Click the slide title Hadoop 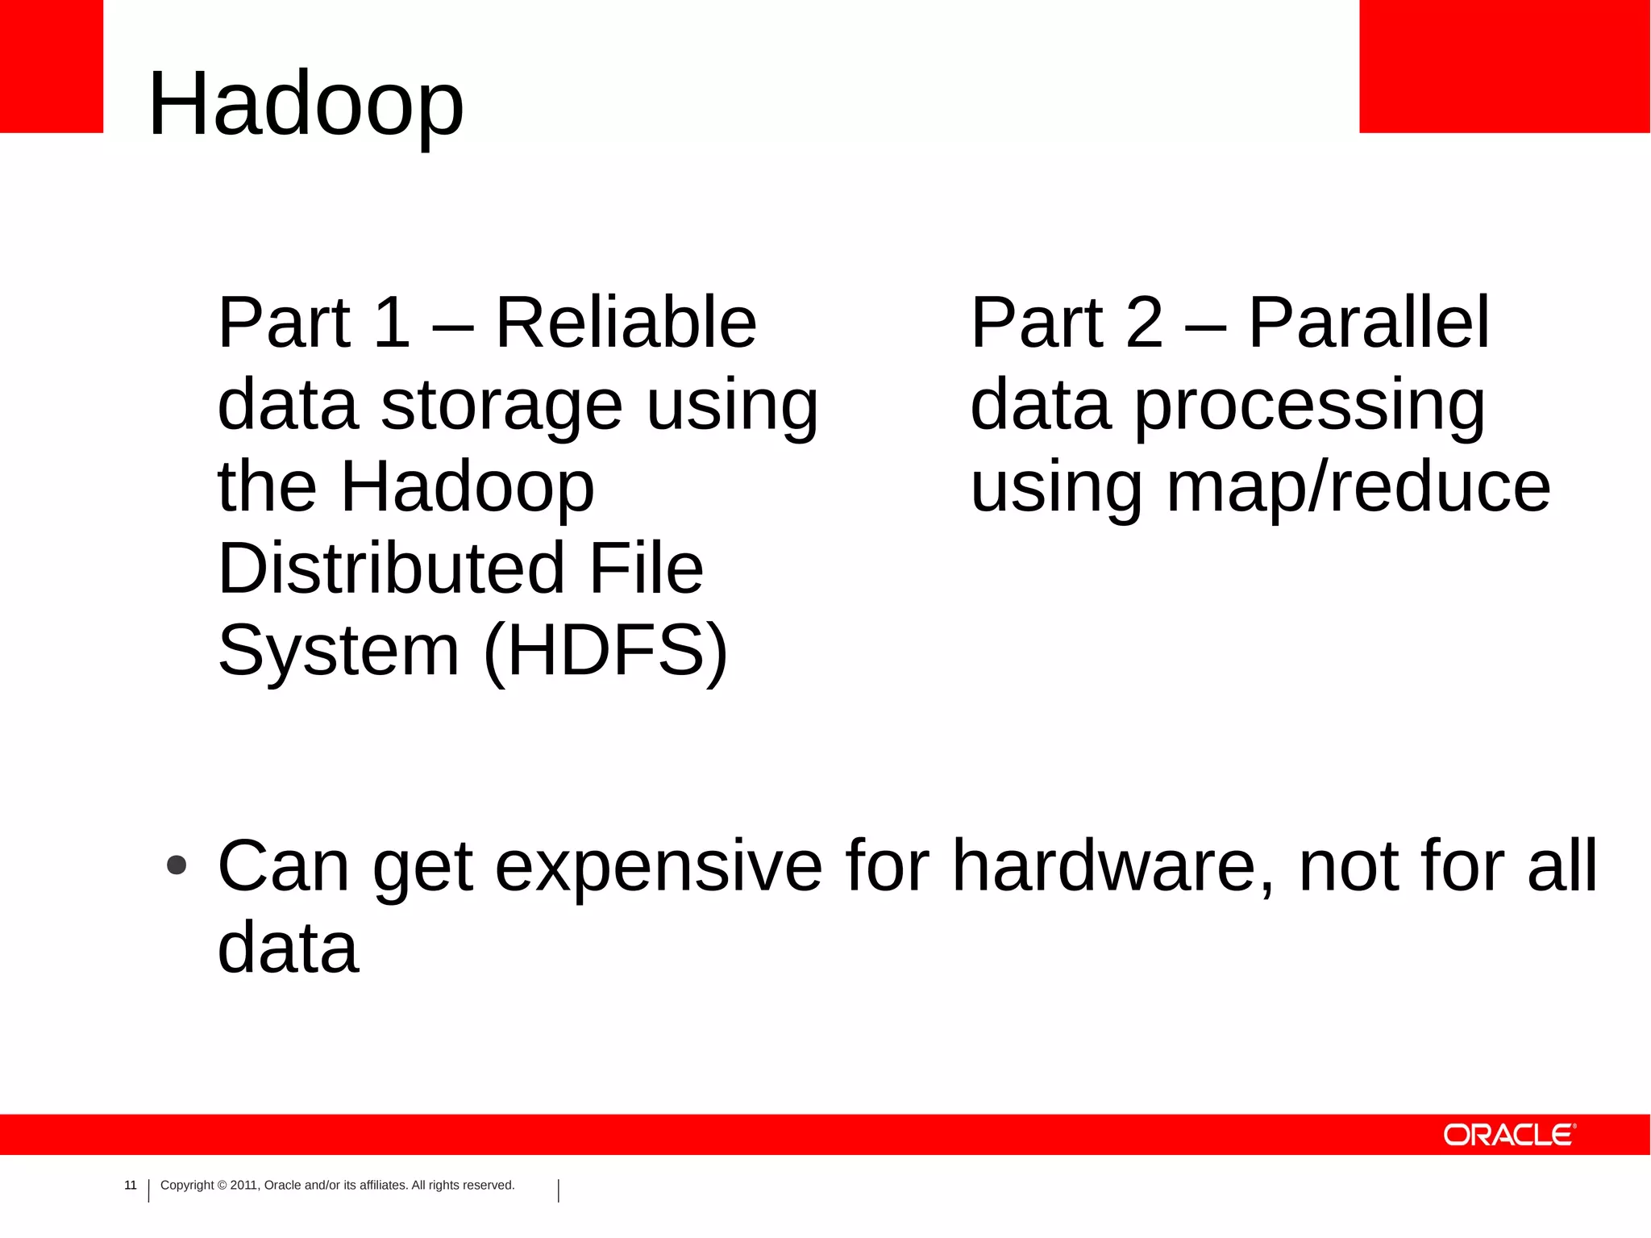306,105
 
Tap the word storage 501,406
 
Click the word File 647,569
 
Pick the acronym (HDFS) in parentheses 606,652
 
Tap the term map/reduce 1358,487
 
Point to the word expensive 659,866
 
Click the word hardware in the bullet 1113,866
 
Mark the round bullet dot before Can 177,865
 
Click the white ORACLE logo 1508,1135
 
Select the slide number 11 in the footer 131,1185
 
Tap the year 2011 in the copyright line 243,1185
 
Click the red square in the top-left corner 52,66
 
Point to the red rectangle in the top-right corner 1504,66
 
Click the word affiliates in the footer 381,1185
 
